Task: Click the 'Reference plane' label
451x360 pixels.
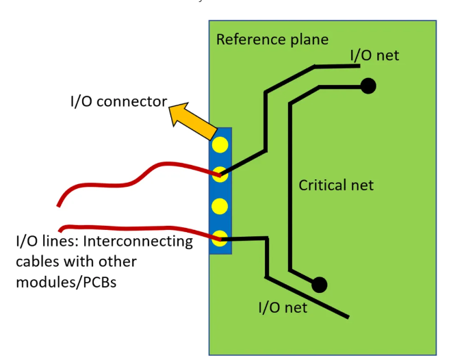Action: click(272, 39)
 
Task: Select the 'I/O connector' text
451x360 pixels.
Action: click(119, 102)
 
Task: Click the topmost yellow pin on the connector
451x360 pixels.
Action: click(220, 144)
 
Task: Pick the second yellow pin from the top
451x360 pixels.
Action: click(220, 174)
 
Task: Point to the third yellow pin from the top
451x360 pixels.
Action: click(220, 205)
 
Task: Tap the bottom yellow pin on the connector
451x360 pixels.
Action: click(220, 238)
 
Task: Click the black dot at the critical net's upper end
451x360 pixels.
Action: click(368, 86)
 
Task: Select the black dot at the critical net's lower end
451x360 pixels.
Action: click(319, 284)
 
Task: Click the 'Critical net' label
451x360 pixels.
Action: click(336, 185)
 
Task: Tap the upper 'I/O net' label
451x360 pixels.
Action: click(374, 55)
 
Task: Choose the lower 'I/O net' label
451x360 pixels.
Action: click(283, 307)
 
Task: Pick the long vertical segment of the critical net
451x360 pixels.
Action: click(291, 185)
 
